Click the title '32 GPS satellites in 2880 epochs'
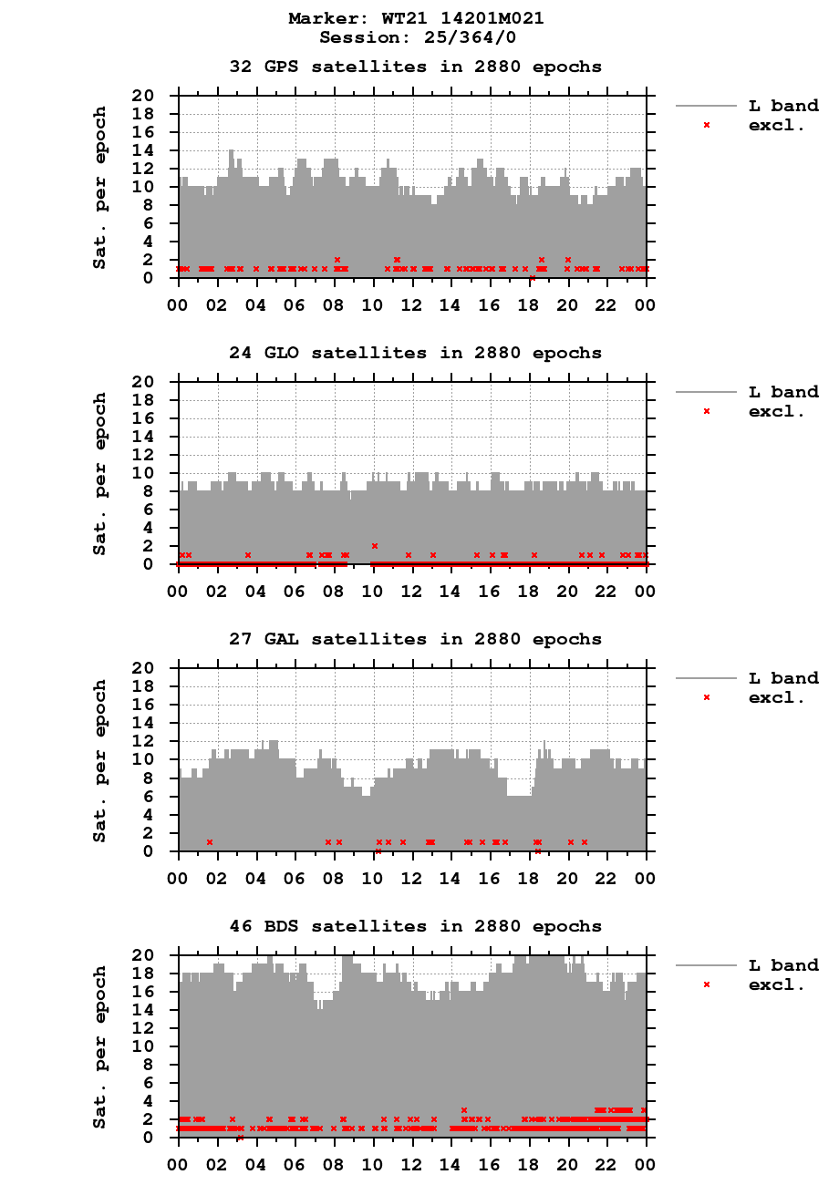click(x=415, y=67)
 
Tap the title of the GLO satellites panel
click(x=415, y=353)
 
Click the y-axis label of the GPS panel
click(x=99, y=187)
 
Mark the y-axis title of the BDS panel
click(x=99, y=1046)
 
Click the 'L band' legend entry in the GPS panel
click(x=783, y=107)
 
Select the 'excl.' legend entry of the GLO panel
click(x=776, y=411)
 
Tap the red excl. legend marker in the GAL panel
click(x=707, y=697)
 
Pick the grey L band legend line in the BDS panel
click(x=706, y=965)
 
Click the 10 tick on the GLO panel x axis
click(x=373, y=590)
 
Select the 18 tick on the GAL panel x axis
click(x=529, y=877)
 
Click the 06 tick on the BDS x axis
click(x=295, y=1163)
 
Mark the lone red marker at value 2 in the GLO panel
click(x=374, y=546)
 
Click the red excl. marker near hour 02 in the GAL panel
click(x=210, y=842)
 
